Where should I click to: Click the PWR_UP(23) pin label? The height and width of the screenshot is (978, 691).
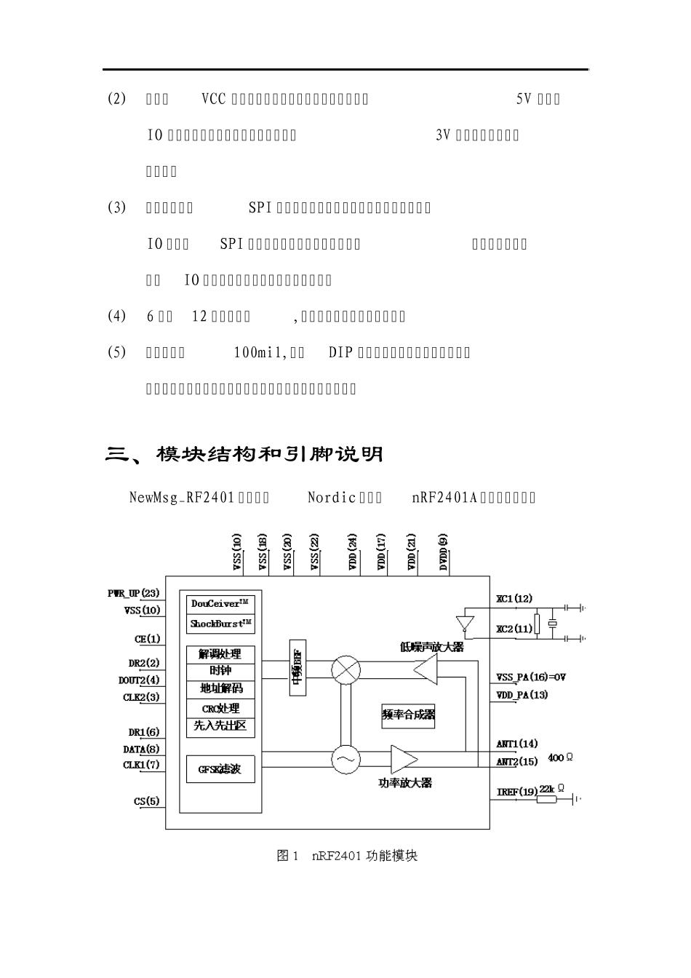pos(134,594)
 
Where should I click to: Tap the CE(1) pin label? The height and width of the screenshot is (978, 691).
pos(147,639)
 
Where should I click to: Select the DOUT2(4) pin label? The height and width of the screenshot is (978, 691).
pos(139,680)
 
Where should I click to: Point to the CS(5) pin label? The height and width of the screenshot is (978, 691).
pos(146,801)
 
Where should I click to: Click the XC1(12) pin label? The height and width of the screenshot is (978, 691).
pos(514,599)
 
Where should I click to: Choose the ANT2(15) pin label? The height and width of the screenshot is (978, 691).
pos(517,762)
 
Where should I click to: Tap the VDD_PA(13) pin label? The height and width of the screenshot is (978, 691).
pos(522,695)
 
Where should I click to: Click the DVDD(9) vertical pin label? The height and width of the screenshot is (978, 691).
pos(444,552)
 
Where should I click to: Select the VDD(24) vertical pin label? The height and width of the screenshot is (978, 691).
pos(353,552)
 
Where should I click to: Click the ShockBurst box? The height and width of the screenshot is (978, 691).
pos(221,624)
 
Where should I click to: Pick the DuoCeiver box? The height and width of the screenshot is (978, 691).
pos(221,603)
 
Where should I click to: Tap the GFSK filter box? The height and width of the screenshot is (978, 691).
pos(220,768)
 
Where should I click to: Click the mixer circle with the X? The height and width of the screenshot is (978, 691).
pos(345,670)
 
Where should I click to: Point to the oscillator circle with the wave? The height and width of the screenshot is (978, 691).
pos(345,760)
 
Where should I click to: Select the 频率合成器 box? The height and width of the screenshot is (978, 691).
pos(408,715)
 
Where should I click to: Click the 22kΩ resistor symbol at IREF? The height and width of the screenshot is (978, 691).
pos(546,799)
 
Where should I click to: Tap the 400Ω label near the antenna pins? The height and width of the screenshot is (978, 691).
pos(560,758)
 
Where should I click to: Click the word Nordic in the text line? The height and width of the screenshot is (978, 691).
pos(332,498)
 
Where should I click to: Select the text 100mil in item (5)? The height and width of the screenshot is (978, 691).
pos(257,353)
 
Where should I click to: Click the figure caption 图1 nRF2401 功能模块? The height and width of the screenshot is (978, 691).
pos(347,856)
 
